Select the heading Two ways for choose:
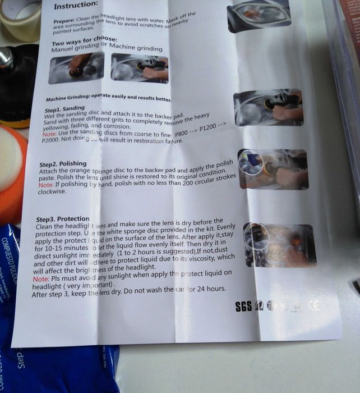[84, 41]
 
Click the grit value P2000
[54, 143]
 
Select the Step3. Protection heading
[62, 218]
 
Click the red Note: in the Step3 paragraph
[41, 279]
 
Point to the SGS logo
[244, 306]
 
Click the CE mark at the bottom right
[315, 306]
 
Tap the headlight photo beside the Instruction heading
[259, 15]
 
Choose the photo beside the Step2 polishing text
[273, 168]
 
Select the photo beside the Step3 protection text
[279, 245]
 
